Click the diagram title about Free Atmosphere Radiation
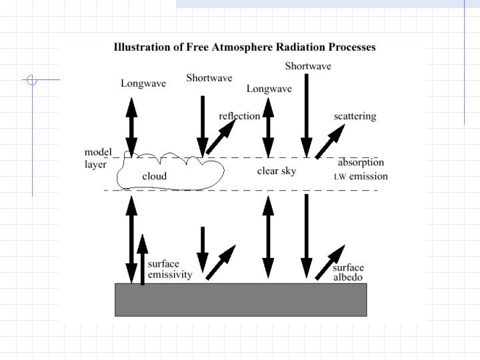(x=245, y=47)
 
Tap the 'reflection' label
(x=239, y=116)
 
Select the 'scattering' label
(x=355, y=116)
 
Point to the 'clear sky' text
(x=277, y=171)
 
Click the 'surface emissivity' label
(x=170, y=269)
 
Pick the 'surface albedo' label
(x=349, y=273)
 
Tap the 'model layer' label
(x=97, y=158)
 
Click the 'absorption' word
(x=361, y=162)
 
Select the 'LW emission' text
(x=361, y=177)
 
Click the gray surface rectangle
(x=241, y=299)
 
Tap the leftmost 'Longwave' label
(x=143, y=83)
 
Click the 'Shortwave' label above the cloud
(x=209, y=78)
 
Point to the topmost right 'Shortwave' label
(x=308, y=66)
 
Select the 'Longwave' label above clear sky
(x=269, y=89)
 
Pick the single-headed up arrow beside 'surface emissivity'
(x=141, y=259)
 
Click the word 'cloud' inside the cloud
(x=155, y=177)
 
